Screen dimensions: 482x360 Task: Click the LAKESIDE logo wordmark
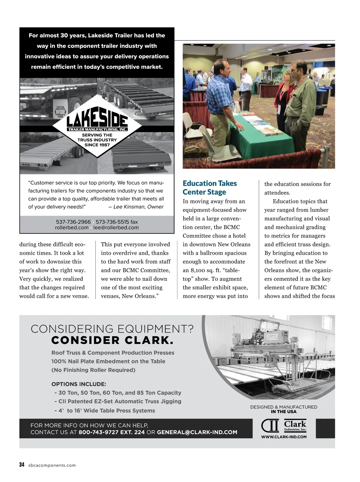tap(97, 120)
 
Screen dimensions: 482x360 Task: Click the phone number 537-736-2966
tap(73, 222)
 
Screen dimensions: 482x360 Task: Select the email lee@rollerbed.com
tap(116, 227)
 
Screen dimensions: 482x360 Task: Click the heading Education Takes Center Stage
tap(210, 188)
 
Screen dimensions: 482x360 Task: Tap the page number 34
tap(22, 465)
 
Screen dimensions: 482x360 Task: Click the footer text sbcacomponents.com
tap(52, 465)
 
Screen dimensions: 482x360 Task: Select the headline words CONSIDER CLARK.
tap(112, 340)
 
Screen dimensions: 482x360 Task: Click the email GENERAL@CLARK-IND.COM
tap(197, 432)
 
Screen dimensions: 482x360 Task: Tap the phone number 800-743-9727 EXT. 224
tap(112, 432)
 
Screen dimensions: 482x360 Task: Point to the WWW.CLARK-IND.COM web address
tap(284, 437)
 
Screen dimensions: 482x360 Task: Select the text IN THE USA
tap(283, 412)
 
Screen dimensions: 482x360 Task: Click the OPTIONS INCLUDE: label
tap(79, 384)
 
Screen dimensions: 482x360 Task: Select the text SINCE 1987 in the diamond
tap(97, 145)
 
